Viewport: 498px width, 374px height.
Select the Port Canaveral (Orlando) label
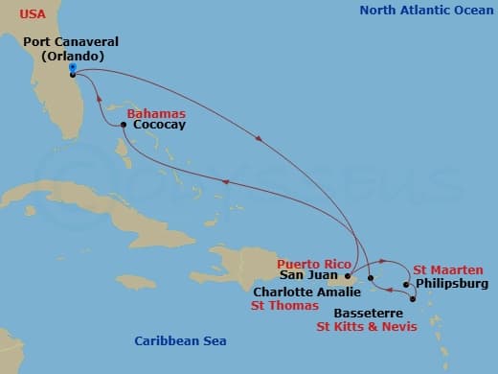coord(72,49)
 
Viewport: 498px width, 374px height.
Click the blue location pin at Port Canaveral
coord(72,68)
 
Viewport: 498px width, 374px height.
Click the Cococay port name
coord(160,125)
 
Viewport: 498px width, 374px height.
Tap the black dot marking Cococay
coord(124,125)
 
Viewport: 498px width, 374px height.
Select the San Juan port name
coord(308,277)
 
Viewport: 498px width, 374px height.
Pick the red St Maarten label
coord(445,270)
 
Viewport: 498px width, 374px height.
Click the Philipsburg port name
coord(450,284)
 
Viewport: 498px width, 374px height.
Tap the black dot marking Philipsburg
coord(406,284)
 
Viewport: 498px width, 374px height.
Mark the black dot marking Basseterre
coord(413,299)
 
